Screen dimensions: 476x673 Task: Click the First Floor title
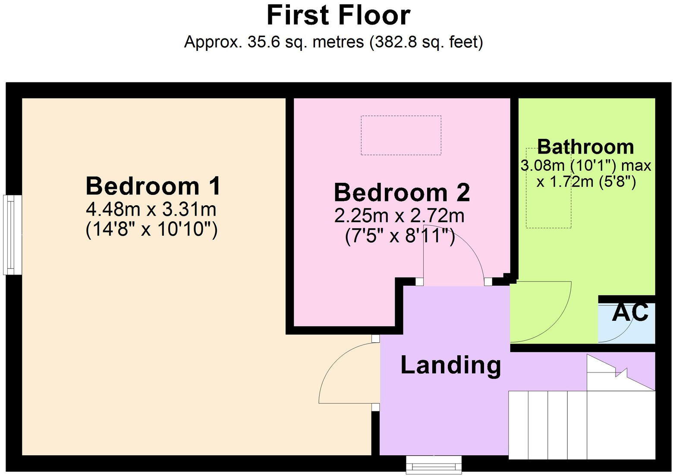click(x=338, y=16)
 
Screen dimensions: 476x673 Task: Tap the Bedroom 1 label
click(x=153, y=186)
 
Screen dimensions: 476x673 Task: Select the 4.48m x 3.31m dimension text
click(x=151, y=210)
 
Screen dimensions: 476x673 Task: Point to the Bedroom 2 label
click(x=402, y=192)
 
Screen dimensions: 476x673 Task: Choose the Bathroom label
click(x=585, y=147)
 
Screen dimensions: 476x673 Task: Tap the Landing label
click(x=451, y=365)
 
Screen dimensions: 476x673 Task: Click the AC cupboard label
click(x=630, y=312)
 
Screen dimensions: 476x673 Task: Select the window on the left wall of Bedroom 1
click(x=13, y=235)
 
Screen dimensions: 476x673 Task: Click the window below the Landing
click(x=434, y=465)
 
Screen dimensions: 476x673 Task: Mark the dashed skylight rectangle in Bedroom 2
click(x=401, y=135)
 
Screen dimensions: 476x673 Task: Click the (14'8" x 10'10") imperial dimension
click(x=151, y=229)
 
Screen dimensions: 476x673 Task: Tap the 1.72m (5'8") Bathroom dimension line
click(x=586, y=182)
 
